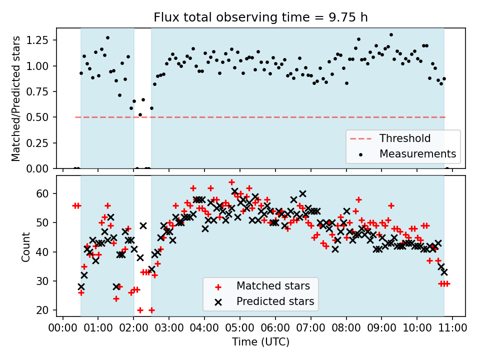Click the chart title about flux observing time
(260, 17)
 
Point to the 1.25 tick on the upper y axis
(37, 40)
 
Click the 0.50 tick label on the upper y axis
(37, 117)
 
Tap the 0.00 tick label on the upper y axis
(37, 168)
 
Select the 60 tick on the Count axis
(42, 193)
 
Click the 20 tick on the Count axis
(42, 310)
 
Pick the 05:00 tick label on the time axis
(239, 328)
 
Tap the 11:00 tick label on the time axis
(452, 328)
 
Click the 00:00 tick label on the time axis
(63, 328)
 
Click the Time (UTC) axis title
(260, 341)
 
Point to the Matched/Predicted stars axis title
(16, 98)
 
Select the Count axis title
(25, 246)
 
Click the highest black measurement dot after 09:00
(391, 35)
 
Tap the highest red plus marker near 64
(231, 182)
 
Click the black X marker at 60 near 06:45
(303, 194)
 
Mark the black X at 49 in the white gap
(143, 226)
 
